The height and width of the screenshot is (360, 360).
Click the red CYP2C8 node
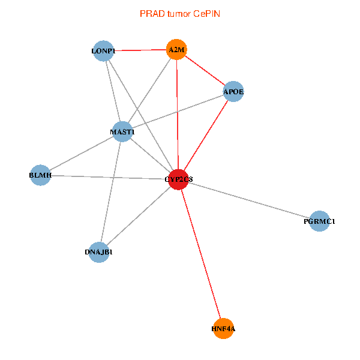[178, 179]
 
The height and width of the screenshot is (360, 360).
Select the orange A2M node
[176, 50]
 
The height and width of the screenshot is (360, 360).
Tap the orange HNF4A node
[223, 329]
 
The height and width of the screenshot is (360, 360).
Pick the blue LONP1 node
[104, 51]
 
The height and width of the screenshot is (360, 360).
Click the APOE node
[233, 92]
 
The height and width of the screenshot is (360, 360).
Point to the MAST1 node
[122, 131]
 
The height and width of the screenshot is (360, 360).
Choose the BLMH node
[40, 175]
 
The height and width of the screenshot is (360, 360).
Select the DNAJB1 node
[99, 252]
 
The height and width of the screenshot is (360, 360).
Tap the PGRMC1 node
[320, 221]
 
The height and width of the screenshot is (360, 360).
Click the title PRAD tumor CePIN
[180, 13]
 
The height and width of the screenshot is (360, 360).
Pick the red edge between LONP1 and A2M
[140, 50]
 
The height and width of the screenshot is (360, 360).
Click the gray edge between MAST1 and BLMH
[81, 154]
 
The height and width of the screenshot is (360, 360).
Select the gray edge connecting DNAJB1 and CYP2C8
[138, 215]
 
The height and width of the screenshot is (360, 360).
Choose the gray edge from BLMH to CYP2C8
[109, 177]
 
